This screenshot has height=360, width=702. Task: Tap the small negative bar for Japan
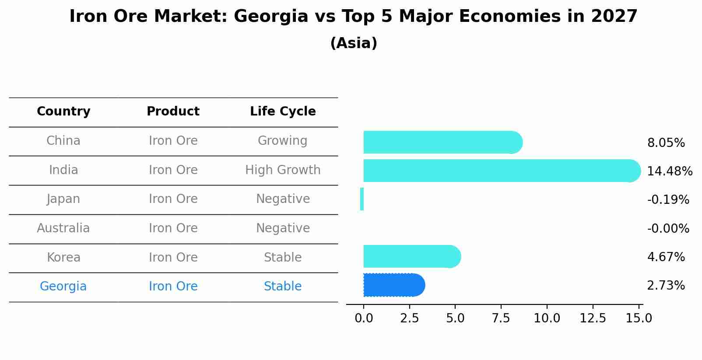point(362,199)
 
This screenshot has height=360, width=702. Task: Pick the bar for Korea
point(411,256)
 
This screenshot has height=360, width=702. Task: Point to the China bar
point(442,142)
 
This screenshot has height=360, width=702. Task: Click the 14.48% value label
point(669,171)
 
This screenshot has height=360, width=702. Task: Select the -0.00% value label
point(668,229)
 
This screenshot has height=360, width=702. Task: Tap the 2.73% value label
point(666,286)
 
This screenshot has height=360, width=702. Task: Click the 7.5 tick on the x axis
point(501,318)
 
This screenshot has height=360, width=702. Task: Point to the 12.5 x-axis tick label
point(593,318)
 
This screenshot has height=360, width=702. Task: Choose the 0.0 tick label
point(364,318)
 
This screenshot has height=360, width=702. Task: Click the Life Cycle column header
point(283,112)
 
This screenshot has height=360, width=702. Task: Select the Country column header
point(63,112)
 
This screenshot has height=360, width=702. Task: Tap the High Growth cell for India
point(283,170)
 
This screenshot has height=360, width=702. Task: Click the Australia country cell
point(63,228)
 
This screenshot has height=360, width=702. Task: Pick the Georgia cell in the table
point(63,287)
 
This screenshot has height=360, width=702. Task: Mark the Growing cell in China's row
point(283,141)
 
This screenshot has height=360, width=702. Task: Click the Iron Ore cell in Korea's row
point(173,258)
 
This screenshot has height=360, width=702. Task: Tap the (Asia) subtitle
point(354,43)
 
